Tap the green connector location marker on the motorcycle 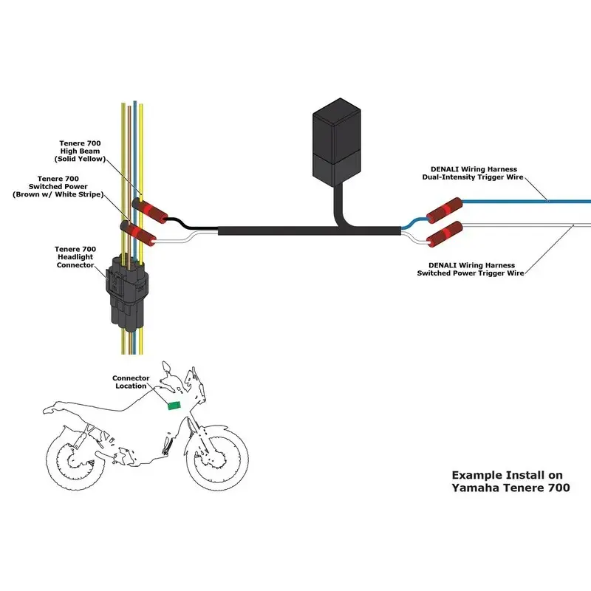coord(176,404)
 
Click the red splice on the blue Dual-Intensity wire coord(443,209)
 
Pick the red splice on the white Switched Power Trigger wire coord(445,235)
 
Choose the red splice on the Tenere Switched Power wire coord(140,233)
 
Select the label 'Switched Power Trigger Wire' coord(471,273)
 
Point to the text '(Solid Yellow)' coord(80,160)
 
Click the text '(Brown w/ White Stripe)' coord(57,194)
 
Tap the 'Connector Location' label coord(131,382)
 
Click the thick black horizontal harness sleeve coord(295,231)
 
